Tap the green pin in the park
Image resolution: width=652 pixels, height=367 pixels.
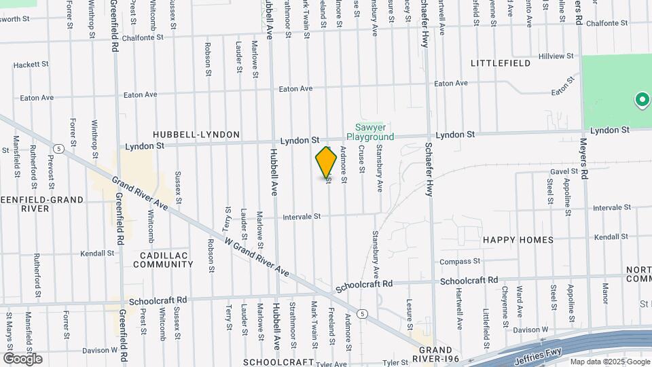pyautogui.click(x=641, y=101)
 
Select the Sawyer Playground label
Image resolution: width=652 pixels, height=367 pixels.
pyautogui.click(x=374, y=132)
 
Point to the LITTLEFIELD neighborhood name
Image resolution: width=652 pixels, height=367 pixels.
pyautogui.click(x=501, y=63)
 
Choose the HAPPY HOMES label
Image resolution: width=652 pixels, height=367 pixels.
pyautogui.click(x=518, y=240)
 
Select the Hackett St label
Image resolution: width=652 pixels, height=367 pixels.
pyautogui.click(x=31, y=65)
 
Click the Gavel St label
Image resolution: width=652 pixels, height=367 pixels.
pyautogui.click(x=564, y=172)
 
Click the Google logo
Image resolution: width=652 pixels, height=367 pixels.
pyautogui.click(x=22, y=359)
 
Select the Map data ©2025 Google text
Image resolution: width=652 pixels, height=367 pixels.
pyautogui.click(x=609, y=362)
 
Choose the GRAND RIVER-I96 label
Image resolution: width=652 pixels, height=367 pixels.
pyautogui.click(x=422, y=340)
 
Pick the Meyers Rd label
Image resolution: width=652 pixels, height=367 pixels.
pyautogui.click(x=578, y=13)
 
